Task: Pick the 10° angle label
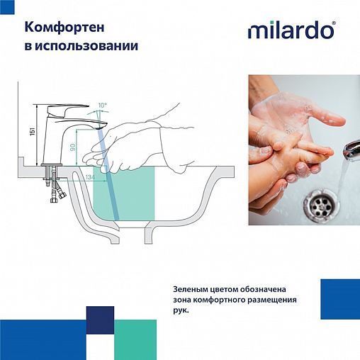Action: (103, 106)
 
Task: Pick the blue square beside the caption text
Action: (339, 299)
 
